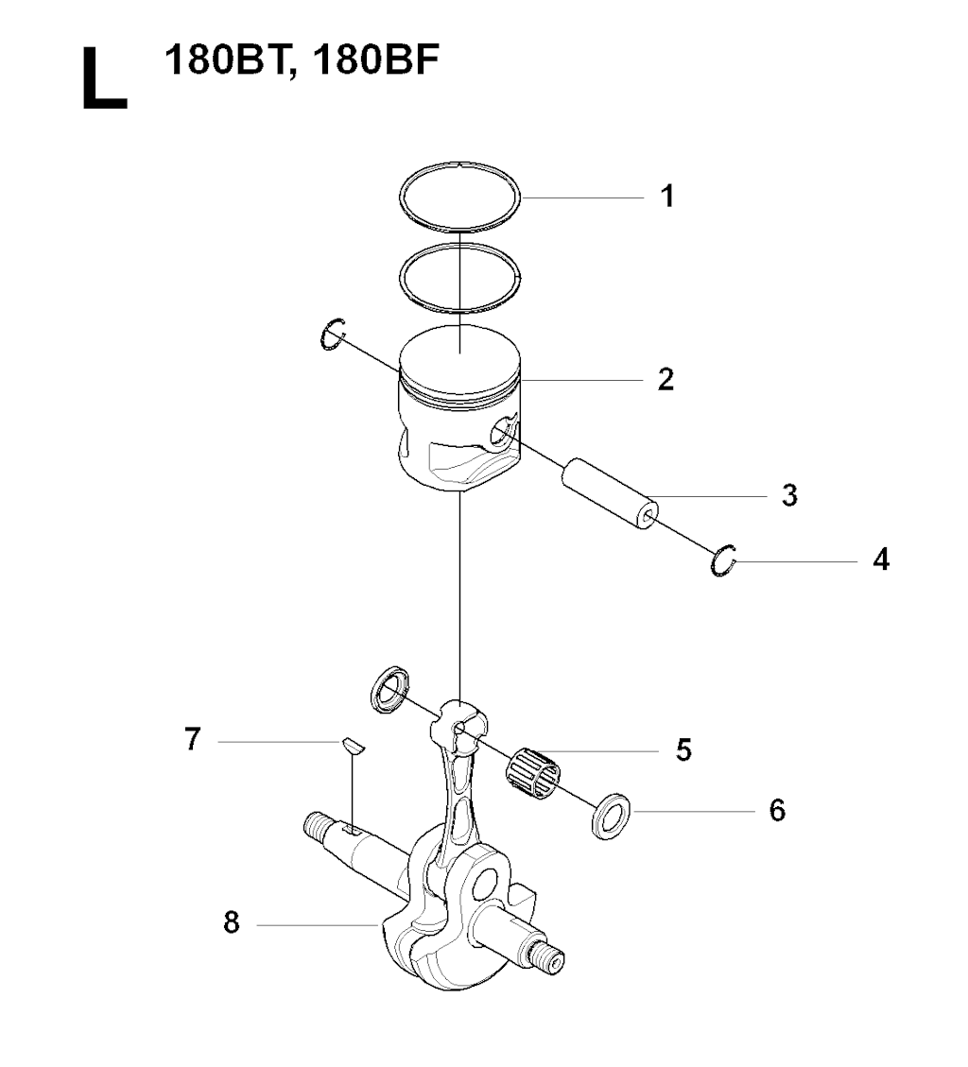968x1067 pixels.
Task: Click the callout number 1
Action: tap(667, 196)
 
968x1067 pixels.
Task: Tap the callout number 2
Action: tap(665, 379)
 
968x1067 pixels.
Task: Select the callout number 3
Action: tap(789, 495)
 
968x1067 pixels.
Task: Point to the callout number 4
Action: tap(882, 559)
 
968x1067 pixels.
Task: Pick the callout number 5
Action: tap(684, 749)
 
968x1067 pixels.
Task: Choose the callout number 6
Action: tap(777, 810)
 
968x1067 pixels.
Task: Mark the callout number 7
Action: tap(193, 738)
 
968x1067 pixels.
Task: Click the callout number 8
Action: tap(232, 922)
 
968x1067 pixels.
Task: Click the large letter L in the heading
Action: tap(104, 78)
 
